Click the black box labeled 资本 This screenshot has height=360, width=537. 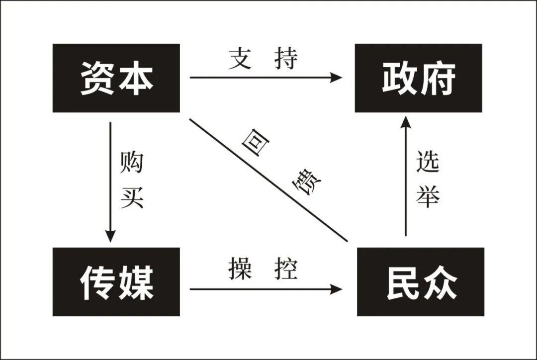[116, 78]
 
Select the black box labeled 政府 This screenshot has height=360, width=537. [418, 78]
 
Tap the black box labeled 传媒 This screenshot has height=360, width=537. [116, 282]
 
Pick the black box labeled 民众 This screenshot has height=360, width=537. [421, 282]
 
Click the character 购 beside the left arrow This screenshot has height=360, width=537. [131, 163]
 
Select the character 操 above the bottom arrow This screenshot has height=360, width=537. [240, 269]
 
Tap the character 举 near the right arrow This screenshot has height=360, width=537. [428, 197]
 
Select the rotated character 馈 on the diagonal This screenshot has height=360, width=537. [305, 183]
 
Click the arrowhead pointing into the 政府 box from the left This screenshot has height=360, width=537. [337, 78]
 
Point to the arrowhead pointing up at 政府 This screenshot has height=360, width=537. [406, 122]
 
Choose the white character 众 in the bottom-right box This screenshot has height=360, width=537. [439, 282]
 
